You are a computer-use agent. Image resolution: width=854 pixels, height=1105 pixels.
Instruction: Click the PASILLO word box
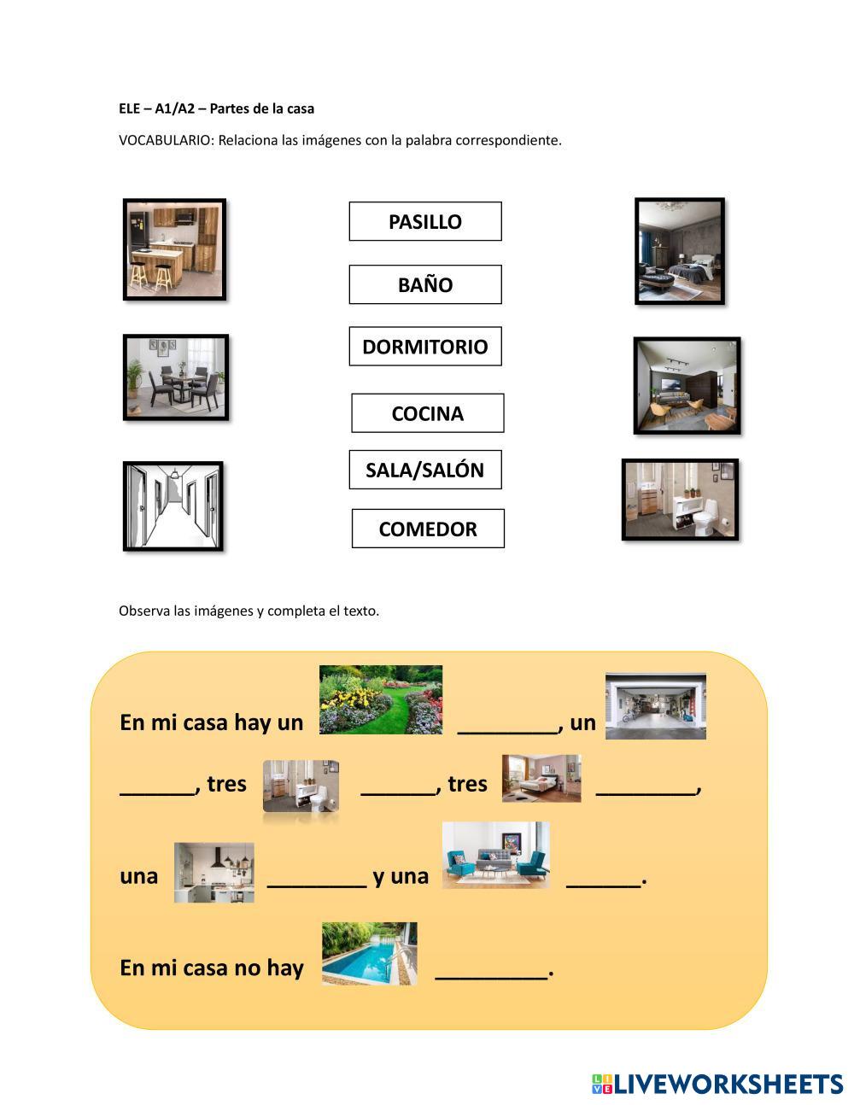(x=425, y=222)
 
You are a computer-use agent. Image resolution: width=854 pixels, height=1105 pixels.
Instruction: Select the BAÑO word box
(x=425, y=285)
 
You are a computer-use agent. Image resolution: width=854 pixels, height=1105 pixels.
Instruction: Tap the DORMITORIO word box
(x=425, y=347)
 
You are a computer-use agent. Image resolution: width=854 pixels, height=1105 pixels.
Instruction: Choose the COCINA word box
(x=427, y=413)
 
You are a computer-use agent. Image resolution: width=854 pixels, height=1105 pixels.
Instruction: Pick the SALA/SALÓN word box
(x=425, y=470)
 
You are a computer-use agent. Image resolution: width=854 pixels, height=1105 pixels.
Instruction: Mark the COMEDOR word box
(x=428, y=529)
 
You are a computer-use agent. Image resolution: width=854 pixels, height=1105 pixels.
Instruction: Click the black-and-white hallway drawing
(x=173, y=506)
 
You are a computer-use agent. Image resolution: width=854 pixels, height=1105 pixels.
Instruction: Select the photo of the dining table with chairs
(x=176, y=377)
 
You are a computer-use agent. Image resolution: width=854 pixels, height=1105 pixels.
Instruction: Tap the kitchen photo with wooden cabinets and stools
(x=175, y=249)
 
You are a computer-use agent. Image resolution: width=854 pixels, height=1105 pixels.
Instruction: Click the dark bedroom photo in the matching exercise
(x=680, y=251)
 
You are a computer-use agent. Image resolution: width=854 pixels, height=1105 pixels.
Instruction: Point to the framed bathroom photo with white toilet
(x=680, y=500)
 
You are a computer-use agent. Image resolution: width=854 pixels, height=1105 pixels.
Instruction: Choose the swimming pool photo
(x=370, y=953)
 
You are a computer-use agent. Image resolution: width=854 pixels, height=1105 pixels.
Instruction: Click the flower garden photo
(x=381, y=699)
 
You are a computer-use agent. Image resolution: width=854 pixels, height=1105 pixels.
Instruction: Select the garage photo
(x=656, y=706)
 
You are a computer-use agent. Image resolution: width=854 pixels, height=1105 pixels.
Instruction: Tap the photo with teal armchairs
(x=495, y=855)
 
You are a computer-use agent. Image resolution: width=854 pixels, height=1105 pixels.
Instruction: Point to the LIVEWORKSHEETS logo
(x=717, y=1084)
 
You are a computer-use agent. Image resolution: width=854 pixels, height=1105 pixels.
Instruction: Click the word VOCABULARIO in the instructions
(x=166, y=140)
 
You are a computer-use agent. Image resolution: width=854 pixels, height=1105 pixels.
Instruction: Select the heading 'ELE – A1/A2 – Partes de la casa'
(x=216, y=108)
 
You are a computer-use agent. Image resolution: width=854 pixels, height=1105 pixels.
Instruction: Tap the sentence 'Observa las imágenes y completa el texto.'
(x=249, y=611)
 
